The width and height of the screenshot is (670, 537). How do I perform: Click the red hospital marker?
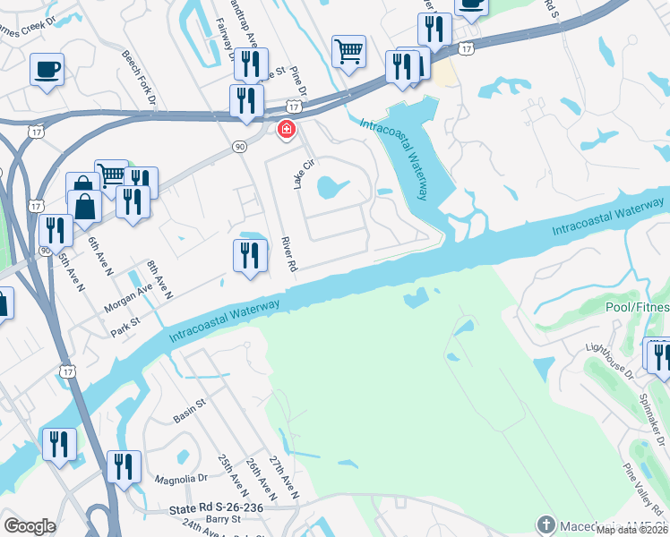click(x=287, y=131)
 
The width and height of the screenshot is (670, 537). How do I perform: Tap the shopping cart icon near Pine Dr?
click(x=348, y=50)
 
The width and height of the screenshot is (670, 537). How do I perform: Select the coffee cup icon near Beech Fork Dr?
click(x=47, y=68)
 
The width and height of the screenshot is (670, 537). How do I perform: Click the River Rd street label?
click(x=288, y=254)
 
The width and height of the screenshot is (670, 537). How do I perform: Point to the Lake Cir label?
click(x=305, y=173)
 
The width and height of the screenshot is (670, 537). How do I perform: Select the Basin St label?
click(x=189, y=410)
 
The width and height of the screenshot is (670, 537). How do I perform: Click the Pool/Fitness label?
click(x=637, y=307)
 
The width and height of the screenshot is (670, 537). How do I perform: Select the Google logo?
click(x=30, y=526)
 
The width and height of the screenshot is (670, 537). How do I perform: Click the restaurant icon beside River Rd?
click(x=250, y=256)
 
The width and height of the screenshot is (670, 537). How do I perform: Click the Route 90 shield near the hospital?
click(x=238, y=146)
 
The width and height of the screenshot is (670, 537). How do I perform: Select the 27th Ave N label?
click(x=284, y=475)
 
